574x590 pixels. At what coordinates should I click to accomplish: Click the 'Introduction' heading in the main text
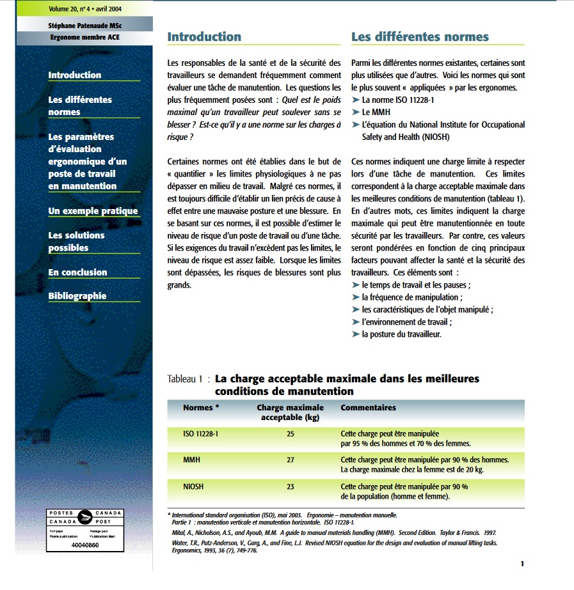(x=204, y=36)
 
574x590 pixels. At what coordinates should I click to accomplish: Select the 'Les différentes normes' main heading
(x=420, y=36)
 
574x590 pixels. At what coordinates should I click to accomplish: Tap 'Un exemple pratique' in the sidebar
(x=93, y=211)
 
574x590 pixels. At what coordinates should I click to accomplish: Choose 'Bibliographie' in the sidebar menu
(x=77, y=296)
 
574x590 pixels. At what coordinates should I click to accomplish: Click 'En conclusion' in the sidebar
(x=77, y=272)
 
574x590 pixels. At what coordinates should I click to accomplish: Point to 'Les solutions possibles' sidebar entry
(x=76, y=242)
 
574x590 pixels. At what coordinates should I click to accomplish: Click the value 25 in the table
(x=291, y=434)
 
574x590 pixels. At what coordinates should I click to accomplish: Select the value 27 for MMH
(x=291, y=460)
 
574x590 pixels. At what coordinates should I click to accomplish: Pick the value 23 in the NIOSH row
(x=291, y=486)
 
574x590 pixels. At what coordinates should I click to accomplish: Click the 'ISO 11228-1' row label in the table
(x=201, y=434)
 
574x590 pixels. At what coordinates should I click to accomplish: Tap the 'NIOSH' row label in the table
(x=193, y=486)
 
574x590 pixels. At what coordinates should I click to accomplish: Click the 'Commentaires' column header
(x=368, y=407)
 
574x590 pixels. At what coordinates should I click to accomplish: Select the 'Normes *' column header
(x=201, y=407)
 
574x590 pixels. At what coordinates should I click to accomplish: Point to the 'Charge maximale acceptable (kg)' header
(x=291, y=412)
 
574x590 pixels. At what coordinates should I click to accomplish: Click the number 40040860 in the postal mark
(x=85, y=545)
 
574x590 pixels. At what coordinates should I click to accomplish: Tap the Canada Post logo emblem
(x=85, y=517)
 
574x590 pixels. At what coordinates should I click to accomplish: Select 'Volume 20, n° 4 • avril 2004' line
(x=84, y=9)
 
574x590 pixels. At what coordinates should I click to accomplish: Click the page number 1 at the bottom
(x=522, y=564)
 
